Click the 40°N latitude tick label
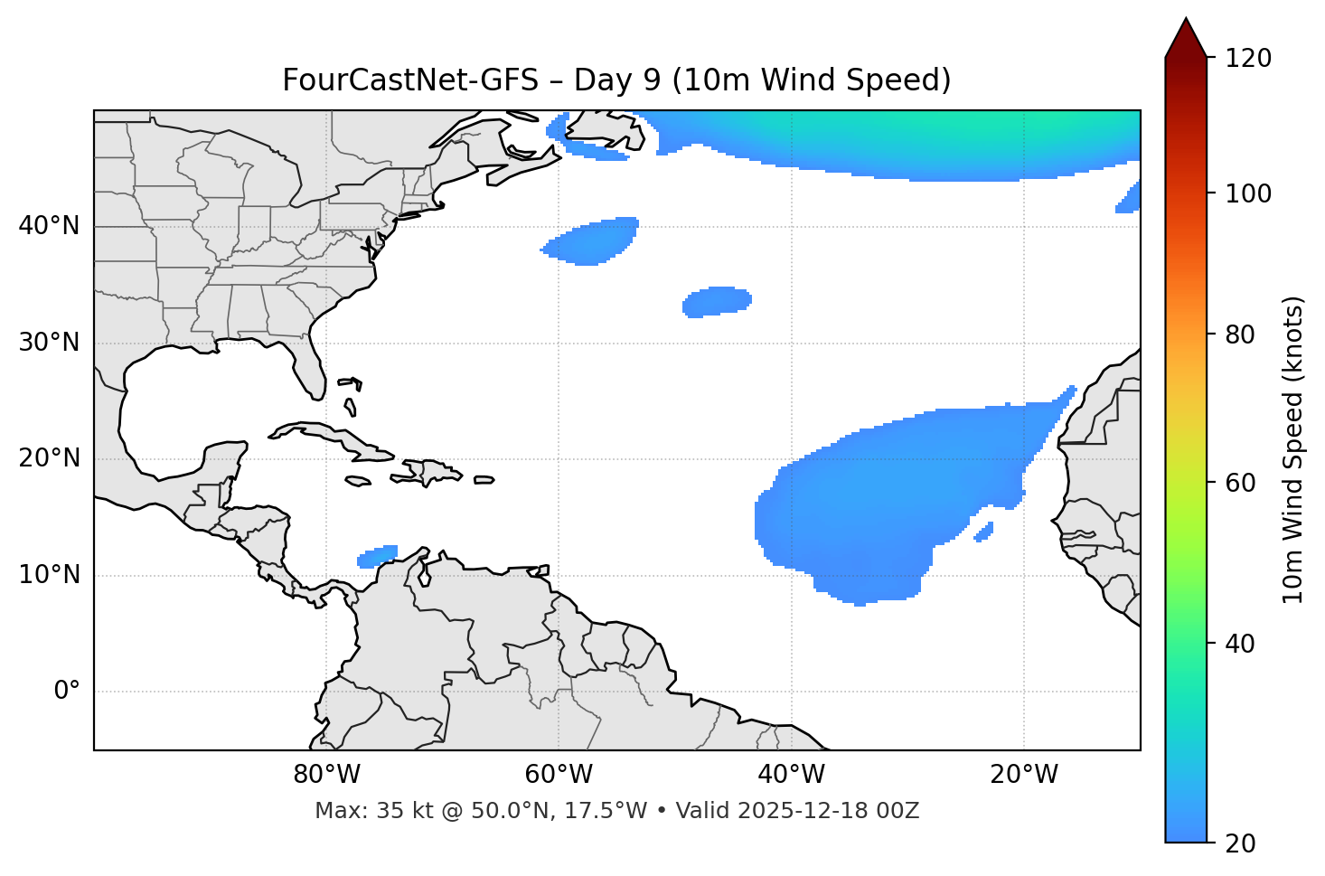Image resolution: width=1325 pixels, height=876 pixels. (x=49, y=226)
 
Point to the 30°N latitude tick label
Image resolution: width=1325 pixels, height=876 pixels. (x=49, y=343)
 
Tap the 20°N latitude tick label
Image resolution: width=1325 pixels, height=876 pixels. (x=49, y=458)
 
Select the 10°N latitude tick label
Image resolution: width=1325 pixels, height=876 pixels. (x=49, y=575)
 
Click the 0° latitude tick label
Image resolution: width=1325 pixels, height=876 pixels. (x=67, y=692)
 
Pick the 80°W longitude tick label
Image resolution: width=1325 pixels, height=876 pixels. (x=326, y=775)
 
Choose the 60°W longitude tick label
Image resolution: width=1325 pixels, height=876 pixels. (x=559, y=775)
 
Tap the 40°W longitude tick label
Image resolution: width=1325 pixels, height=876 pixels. (x=791, y=775)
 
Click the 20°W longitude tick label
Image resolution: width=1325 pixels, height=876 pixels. (x=1023, y=775)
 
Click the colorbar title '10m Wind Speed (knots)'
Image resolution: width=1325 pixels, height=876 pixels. (x=1293, y=449)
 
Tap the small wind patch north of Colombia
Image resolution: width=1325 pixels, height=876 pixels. (x=378, y=556)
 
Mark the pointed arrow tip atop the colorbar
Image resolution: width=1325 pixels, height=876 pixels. (x=1186, y=22)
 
